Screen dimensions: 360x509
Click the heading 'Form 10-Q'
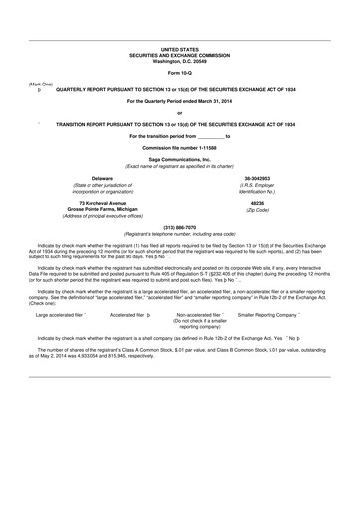click(x=179, y=74)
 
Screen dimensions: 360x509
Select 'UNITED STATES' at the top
click(x=179, y=48)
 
